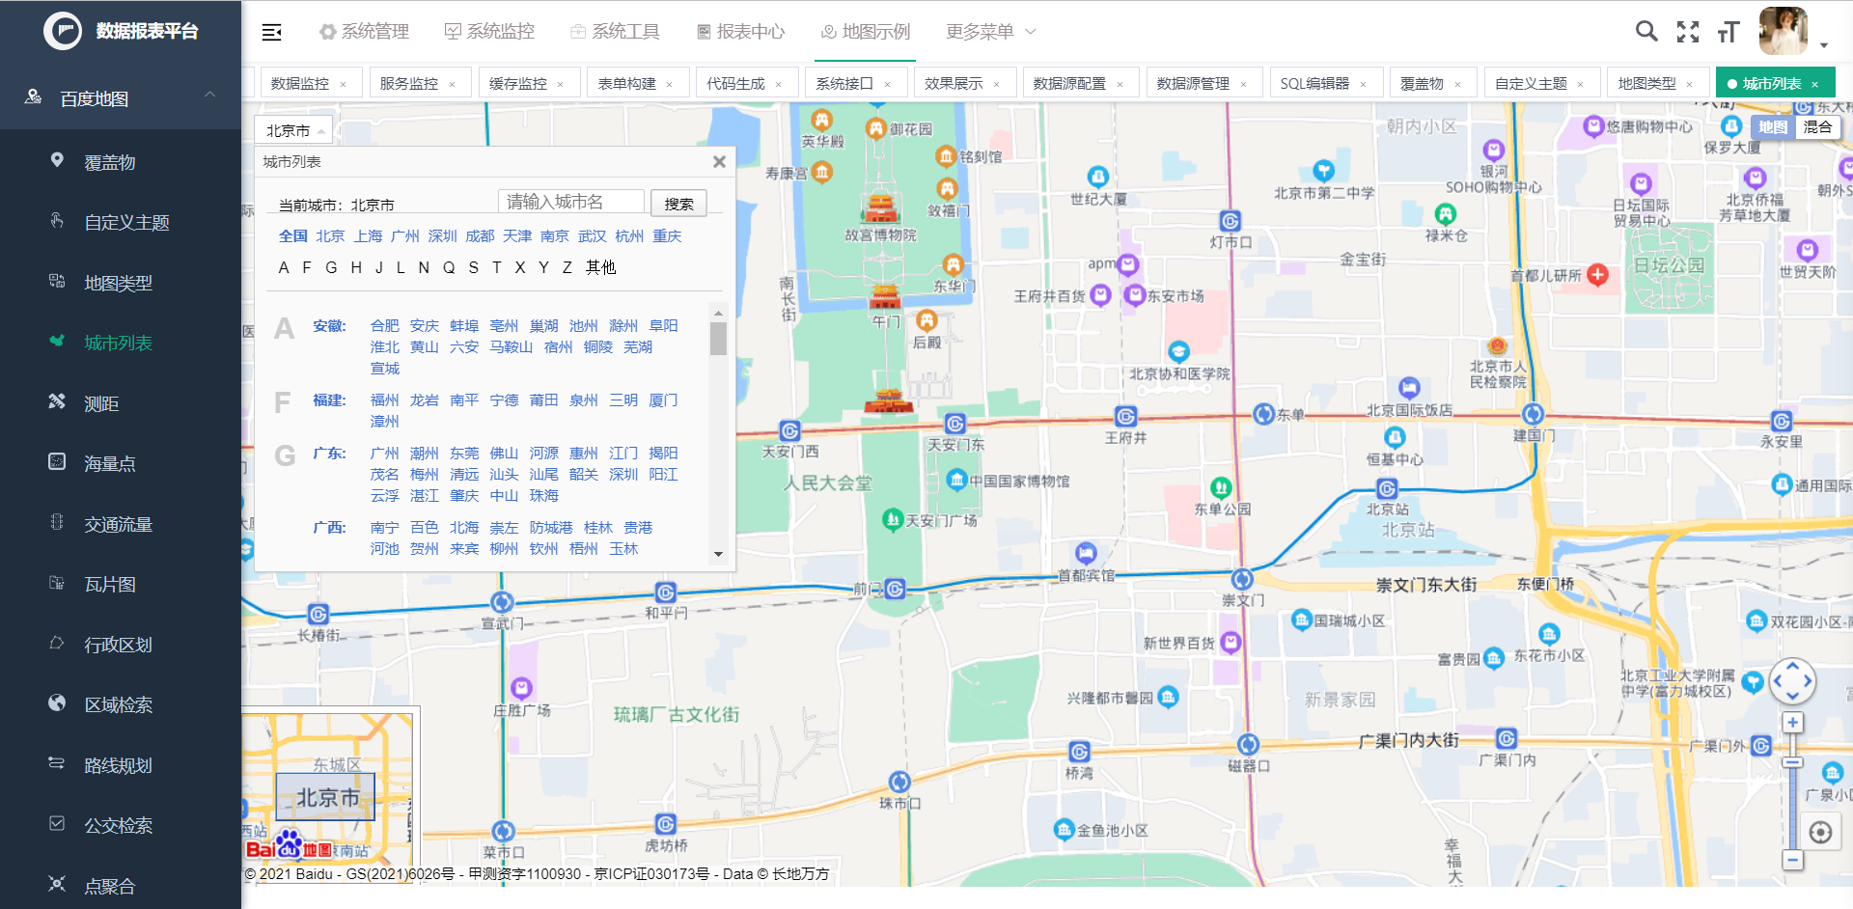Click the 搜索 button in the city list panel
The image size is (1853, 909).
coord(678,204)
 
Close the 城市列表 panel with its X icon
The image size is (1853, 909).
coord(719,162)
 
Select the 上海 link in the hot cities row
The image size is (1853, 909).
coord(368,236)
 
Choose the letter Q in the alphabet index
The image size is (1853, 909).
coord(449,267)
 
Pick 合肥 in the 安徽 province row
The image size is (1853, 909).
coord(384,326)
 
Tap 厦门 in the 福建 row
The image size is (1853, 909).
coord(663,400)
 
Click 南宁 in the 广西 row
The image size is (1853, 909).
coord(384,528)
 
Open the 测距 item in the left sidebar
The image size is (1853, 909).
coord(101,403)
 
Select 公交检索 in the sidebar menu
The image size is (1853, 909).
coord(118,825)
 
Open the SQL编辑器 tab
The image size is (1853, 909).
coord(1314,84)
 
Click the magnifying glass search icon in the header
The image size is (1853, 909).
coord(1646,32)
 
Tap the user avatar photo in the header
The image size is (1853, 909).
coord(1783,31)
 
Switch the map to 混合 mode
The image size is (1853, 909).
coord(1817,127)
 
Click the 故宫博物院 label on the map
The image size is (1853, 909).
coord(880,234)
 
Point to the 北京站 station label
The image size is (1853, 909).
coord(1387,510)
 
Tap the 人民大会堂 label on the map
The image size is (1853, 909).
coord(827,483)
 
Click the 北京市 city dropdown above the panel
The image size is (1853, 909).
coord(293,130)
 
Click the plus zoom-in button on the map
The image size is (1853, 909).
coord(1792,723)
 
